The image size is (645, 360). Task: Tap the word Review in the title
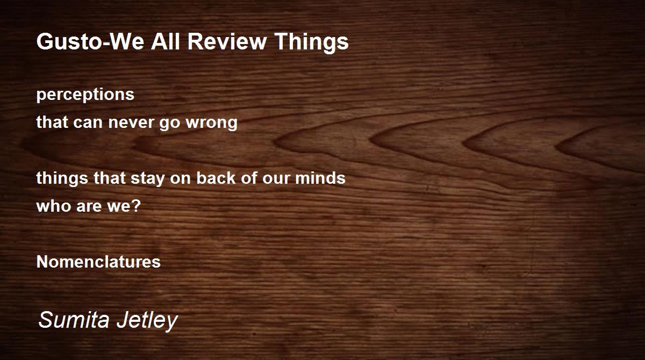point(227,41)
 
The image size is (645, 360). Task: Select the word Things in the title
point(311,42)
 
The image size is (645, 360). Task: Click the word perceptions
point(85,95)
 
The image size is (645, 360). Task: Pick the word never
point(132,123)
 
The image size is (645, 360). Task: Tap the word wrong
point(212,124)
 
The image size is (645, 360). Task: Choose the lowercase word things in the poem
point(62,179)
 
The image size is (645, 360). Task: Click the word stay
point(148,179)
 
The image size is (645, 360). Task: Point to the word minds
point(320,178)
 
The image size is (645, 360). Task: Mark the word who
point(54,206)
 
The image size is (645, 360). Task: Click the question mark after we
point(136,205)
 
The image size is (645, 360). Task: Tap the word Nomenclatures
point(98,262)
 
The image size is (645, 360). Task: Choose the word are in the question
point(89,207)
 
